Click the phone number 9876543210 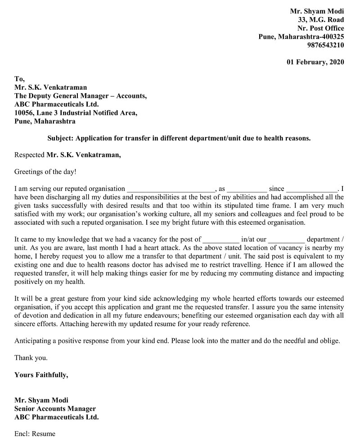click(325, 45)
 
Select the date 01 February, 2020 click(315, 62)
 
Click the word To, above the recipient click(19, 79)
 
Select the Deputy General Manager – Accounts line click(80, 96)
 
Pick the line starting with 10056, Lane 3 click(76, 113)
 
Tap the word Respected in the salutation click(29, 155)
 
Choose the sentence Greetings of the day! click(45, 172)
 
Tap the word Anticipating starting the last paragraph click(35, 341)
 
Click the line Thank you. click(31, 358)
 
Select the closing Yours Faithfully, click(41, 375)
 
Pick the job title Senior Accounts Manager click(55, 409)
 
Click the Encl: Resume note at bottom click(35, 434)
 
